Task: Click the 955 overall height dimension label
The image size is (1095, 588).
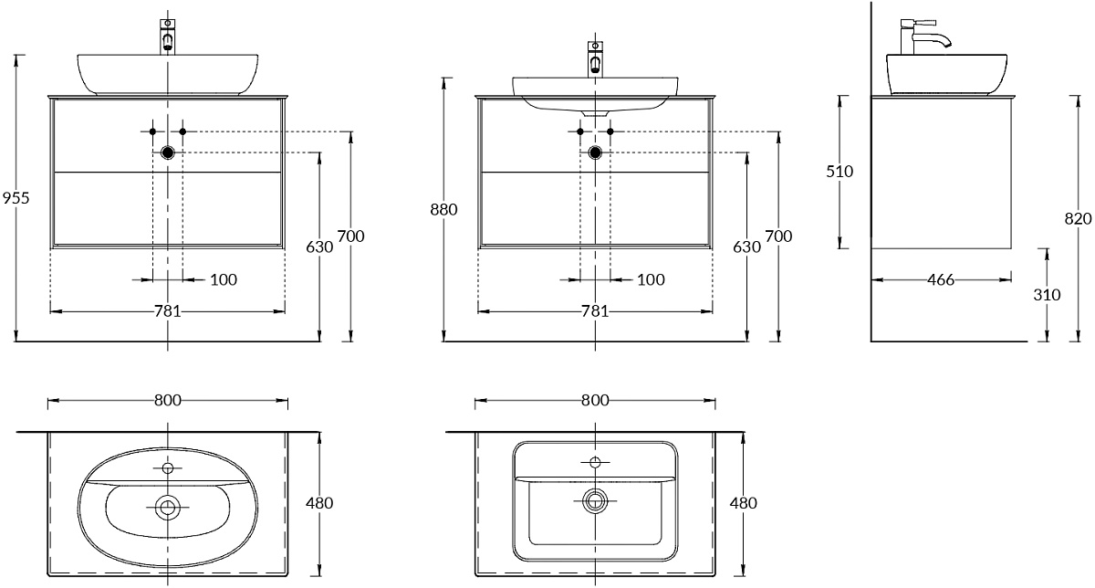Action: click(x=16, y=197)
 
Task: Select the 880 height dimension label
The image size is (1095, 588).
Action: click(x=443, y=209)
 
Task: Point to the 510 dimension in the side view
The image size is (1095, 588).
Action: click(x=839, y=171)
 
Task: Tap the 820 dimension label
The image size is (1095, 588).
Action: click(x=1078, y=218)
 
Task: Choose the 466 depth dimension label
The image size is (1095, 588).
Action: click(x=940, y=279)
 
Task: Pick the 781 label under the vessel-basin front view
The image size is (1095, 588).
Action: click(x=167, y=311)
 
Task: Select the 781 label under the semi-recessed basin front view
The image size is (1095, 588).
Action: click(x=595, y=311)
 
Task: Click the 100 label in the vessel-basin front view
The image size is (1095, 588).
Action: click(x=224, y=279)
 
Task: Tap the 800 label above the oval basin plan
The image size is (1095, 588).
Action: click(x=167, y=400)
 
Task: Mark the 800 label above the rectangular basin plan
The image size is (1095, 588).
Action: click(x=595, y=400)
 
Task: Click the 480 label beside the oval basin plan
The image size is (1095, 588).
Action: click(x=319, y=502)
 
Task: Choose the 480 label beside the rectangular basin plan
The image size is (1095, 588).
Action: click(x=744, y=502)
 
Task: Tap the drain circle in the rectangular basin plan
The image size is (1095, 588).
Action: click(x=595, y=499)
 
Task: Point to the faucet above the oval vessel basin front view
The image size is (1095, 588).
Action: click(x=167, y=37)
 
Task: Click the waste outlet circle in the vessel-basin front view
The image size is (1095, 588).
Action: click(x=168, y=152)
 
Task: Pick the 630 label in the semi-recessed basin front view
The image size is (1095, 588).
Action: click(x=747, y=247)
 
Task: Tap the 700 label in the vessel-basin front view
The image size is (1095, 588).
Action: click(x=350, y=236)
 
